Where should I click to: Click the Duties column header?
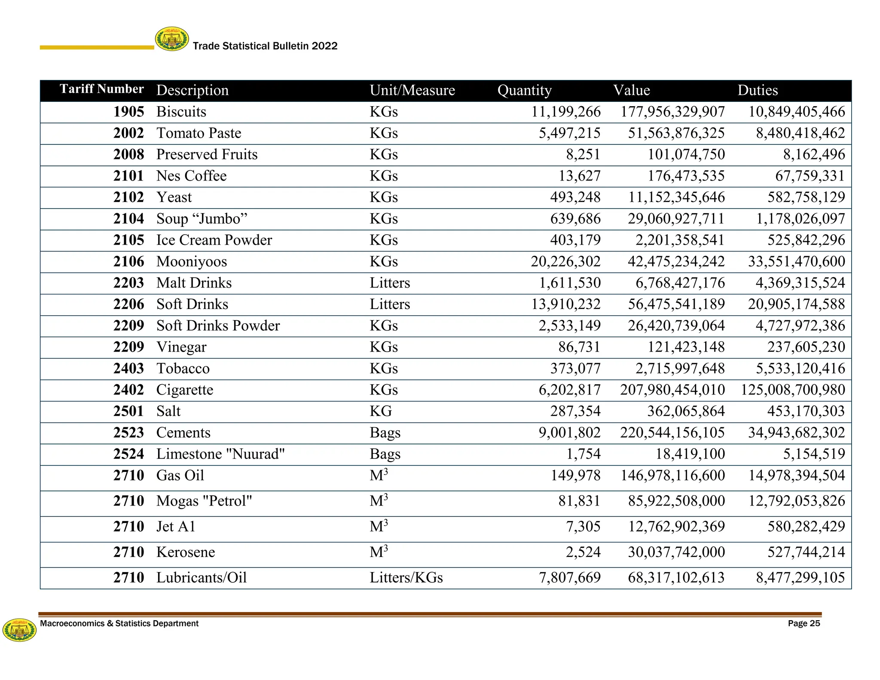pyautogui.click(x=758, y=90)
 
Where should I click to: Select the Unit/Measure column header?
pyautogui.click(x=412, y=90)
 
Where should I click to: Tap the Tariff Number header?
pyautogui.click(x=102, y=89)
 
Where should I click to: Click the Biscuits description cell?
pyautogui.click(x=181, y=112)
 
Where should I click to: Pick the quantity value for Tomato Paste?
pyautogui.click(x=569, y=133)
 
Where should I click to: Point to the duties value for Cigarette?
pyautogui.click(x=793, y=390)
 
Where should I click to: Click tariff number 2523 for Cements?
pyautogui.click(x=128, y=432)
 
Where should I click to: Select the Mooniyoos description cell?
pyautogui.click(x=192, y=261)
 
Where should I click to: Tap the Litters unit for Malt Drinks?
pyautogui.click(x=390, y=283)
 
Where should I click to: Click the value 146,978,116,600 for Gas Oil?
pyautogui.click(x=672, y=475)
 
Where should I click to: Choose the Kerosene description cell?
pyautogui.click(x=186, y=552)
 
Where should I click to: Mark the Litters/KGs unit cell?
pyautogui.click(x=406, y=578)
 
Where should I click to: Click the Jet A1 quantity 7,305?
pyautogui.click(x=583, y=527)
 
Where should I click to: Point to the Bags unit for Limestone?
pyautogui.click(x=385, y=454)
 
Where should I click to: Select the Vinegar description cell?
pyautogui.click(x=181, y=347)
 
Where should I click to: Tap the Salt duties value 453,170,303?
pyautogui.click(x=806, y=411)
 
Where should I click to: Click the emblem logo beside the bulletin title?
pyautogui.click(x=172, y=39)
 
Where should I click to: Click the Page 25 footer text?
pyautogui.click(x=804, y=624)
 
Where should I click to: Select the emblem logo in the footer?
pyautogui.click(x=19, y=630)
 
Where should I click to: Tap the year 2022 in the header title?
pyautogui.click(x=324, y=46)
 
